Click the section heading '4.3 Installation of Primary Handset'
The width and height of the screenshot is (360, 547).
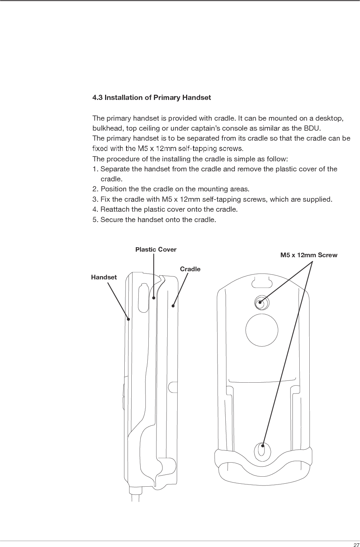[x=151, y=98]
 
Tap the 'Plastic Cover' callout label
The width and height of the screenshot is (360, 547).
[x=156, y=249]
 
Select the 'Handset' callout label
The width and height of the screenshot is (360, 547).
[x=104, y=277]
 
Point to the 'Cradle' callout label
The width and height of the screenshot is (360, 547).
[x=190, y=269]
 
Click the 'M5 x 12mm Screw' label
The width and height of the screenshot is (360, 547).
[x=309, y=255]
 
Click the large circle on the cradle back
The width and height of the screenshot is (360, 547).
[x=262, y=330]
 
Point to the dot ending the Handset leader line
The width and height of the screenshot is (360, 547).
[x=128, y=319]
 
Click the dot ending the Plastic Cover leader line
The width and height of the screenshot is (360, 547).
[x=154, y=298]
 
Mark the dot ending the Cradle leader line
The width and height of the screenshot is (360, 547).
[x=173, y=306]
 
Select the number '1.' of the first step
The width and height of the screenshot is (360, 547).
[x=95, y=169]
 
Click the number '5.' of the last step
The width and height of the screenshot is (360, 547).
[x=95, y=220]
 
